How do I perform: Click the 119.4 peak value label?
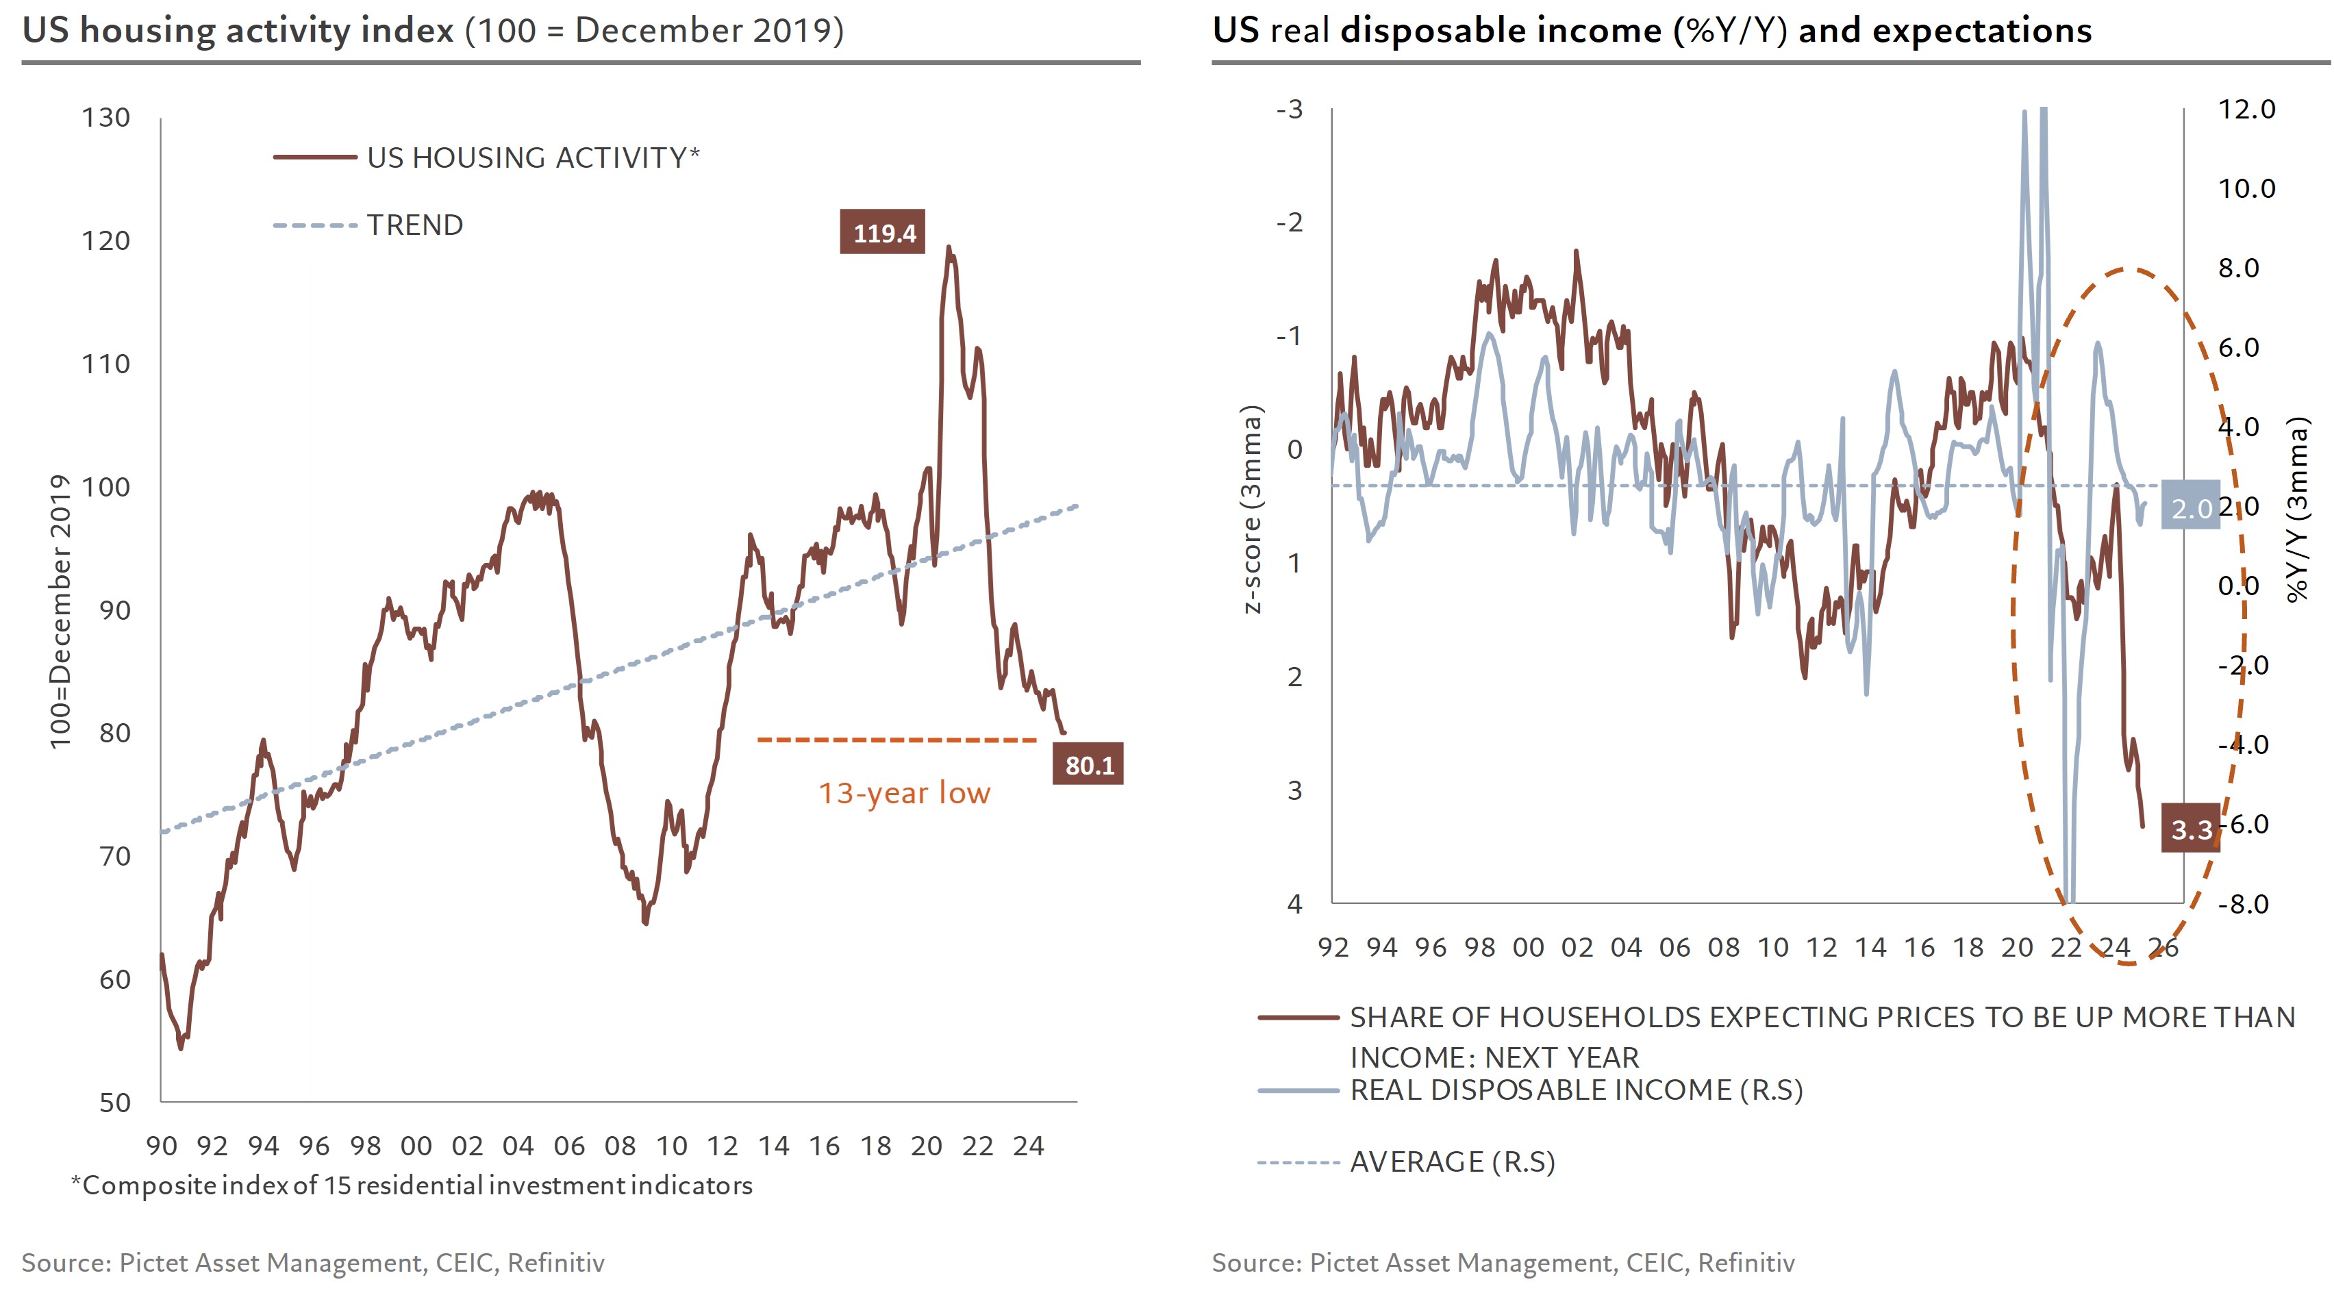pyautogui.click(x=883, y=233)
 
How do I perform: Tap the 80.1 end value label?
pyautogui.click(x=1088, y=765)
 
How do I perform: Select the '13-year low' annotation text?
pyautogui.click(x=904, y=793)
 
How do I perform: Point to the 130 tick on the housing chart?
pyautogui.click(x=106, y=118)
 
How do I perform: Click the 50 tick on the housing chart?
pyautogui.click(x=114, y=1102)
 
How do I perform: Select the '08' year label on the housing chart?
pyautogui.click(x=620, y=1146)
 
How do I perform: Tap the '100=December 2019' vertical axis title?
pyautogui.click(x=60, y=612)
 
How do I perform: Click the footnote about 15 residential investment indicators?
pyautogui.click(x=412, y=1185)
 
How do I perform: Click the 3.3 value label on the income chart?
pyautogui.click(x=2191, y=828)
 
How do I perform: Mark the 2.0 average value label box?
pyautogui.click(x=2191, y=508)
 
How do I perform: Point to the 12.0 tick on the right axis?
pyautogui.click(x=2246, y=110)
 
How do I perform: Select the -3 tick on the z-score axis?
pyautogui.click(x=1290, y=110)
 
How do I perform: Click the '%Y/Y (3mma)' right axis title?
pyautogui.click(x=2298, y=510)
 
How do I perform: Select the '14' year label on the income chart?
pyautogui.click(x=1870, y=948)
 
